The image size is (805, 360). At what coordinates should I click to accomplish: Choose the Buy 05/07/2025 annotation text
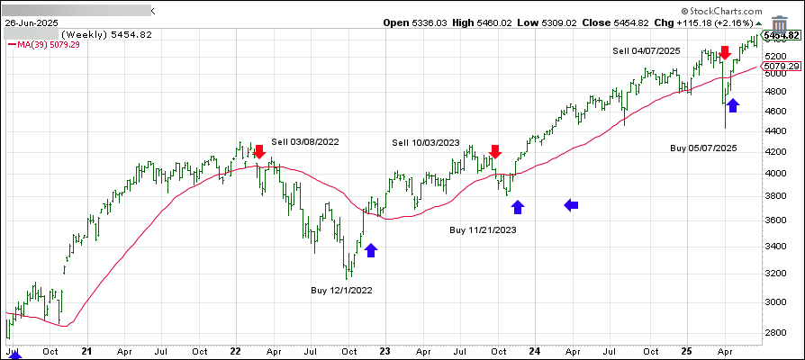(703, 147)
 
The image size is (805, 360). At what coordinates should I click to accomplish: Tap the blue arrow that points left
(572, 206)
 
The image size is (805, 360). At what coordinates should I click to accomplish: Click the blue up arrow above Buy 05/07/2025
(733, 105)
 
